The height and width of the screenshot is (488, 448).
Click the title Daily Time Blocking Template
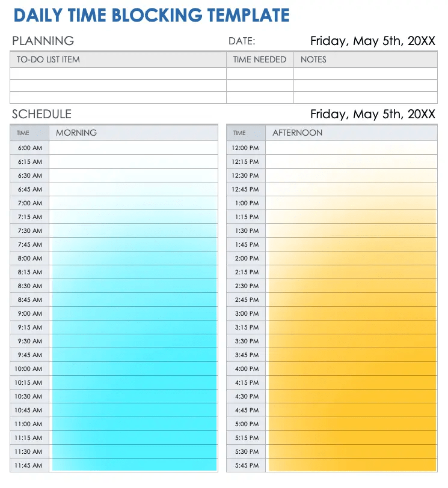click(x=152, y=15)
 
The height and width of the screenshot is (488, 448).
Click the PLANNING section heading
click(x=43, y=41)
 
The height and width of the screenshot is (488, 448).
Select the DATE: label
click(x=242, y=41)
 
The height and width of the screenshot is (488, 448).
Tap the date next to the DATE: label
click(x=372, y=41)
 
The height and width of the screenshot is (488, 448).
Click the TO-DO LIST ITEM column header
click(x=48, y=59)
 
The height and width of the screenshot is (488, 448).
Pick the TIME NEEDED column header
click(x=260, y=59)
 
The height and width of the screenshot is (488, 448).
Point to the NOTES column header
click(x=313, y=59)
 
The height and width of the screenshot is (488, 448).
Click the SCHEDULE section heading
click(x=41, y=114)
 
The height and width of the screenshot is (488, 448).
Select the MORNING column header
click(x=76, y=133)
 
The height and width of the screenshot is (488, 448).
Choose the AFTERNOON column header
click(x=297, y=133)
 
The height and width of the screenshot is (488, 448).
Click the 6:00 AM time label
click(x=30, y=148)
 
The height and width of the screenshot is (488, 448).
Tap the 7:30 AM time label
click(x=30, y=230)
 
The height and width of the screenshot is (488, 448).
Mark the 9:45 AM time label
click(x=30, y=355)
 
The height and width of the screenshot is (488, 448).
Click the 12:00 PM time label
click(x=245, y=148)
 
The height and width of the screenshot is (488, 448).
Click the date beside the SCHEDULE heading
click(x=372, y=114)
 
